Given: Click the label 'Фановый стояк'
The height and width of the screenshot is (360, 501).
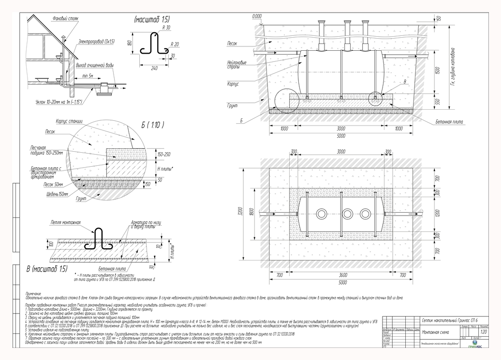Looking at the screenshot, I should pos(65,18).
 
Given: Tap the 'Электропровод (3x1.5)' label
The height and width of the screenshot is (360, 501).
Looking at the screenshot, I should pos(96,42).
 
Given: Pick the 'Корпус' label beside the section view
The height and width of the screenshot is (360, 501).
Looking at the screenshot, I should pos(233,84).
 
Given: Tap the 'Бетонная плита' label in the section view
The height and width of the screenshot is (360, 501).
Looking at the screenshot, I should pos(449,122).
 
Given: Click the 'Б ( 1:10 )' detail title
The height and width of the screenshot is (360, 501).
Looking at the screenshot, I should pos(153,125).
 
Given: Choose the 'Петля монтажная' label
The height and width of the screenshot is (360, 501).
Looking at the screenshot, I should pos(65,223).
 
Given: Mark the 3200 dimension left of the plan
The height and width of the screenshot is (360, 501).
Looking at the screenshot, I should pos(247,213).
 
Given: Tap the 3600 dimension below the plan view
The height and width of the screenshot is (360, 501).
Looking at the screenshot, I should pos(341,275).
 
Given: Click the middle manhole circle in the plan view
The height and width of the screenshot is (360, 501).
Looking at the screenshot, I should pos(347,213).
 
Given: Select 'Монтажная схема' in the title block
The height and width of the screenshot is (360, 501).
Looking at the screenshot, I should pos(435,332).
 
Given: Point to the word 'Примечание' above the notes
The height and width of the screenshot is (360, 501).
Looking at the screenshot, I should pos(34,293).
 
